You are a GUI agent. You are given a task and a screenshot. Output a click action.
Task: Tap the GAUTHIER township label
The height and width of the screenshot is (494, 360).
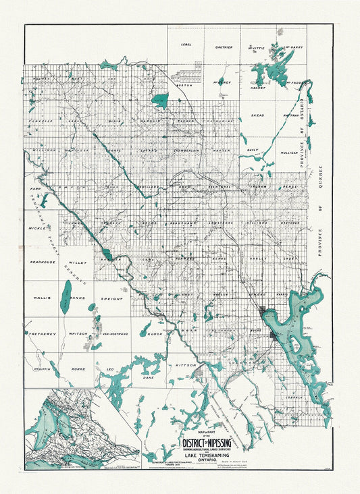225,47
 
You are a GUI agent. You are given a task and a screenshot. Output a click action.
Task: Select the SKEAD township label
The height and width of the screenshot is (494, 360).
257,115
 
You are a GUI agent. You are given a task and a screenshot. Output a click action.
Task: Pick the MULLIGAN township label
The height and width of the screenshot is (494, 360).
288,153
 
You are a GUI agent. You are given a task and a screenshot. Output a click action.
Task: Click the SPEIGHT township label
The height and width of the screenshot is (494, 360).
112,297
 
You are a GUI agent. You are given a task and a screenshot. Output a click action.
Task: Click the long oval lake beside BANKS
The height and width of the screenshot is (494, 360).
66,296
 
